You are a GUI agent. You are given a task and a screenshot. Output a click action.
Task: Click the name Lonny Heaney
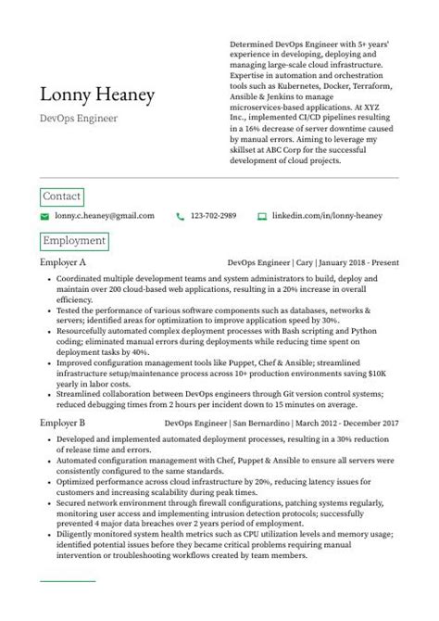tap(97, 95)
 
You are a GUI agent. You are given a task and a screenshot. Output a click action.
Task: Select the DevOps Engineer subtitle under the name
tap(79, 119)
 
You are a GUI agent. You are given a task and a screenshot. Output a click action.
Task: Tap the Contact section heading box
tap(62, 196)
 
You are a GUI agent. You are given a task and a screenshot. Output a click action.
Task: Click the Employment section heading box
tap(74, 241)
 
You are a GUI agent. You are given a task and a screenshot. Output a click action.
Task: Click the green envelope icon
tap(44, 216)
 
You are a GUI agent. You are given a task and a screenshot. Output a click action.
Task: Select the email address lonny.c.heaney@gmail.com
tap(105, 216)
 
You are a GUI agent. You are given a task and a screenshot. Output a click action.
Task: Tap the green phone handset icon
tap(179, 216)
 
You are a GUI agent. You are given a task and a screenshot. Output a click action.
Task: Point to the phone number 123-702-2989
tap(213, 216)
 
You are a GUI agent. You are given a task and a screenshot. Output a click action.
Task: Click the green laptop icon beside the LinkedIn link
tap(262, 216)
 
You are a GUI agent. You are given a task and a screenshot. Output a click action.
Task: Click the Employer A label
tap(64, 263)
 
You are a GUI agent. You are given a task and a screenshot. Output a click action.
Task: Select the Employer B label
tap(64, 423)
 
